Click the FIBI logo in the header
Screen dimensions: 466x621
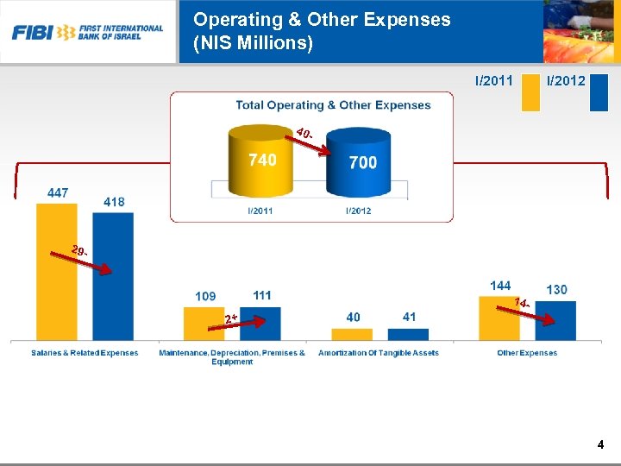(87, 32)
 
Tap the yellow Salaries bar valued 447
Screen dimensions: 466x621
(56, 272)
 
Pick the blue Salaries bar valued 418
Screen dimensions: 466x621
(113, 276)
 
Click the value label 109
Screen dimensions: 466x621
(205, 296)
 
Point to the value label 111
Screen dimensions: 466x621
(262, 295)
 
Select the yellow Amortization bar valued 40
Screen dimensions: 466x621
(354, 334)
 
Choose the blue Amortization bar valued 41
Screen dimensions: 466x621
(409, 334)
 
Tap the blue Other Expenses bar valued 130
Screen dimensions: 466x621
(555, 320)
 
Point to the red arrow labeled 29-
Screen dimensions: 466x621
(93, 261)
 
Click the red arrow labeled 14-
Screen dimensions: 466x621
(535, 312)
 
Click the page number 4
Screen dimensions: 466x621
(600, 445)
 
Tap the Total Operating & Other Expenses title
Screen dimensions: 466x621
(333, 105)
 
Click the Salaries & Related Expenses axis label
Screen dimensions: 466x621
(85, 353)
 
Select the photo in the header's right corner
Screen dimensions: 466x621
(581, 32)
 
